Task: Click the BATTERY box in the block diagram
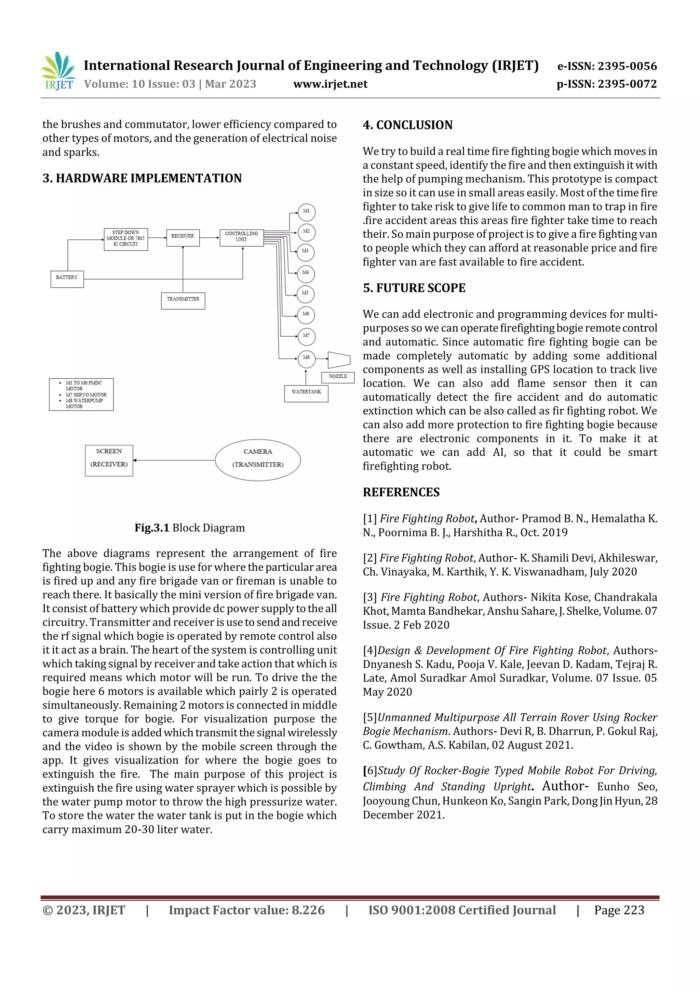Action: click(67, 279)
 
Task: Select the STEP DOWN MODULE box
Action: click(125, 239)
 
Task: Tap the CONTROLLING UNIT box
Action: click(242, 237)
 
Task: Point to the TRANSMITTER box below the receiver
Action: click(183, 300)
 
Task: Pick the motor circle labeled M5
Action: click(305, 294)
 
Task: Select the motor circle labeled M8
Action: click(306, 358)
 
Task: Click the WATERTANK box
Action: click(306, 393)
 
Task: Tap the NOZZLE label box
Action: click(338, 377)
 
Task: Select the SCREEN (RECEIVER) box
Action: click(109, 460)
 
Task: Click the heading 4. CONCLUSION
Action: click(407, 125)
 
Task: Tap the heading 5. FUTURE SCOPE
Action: click(414, 288)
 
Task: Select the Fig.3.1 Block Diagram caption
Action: click(189, 527)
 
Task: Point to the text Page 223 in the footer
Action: click(619, 910)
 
